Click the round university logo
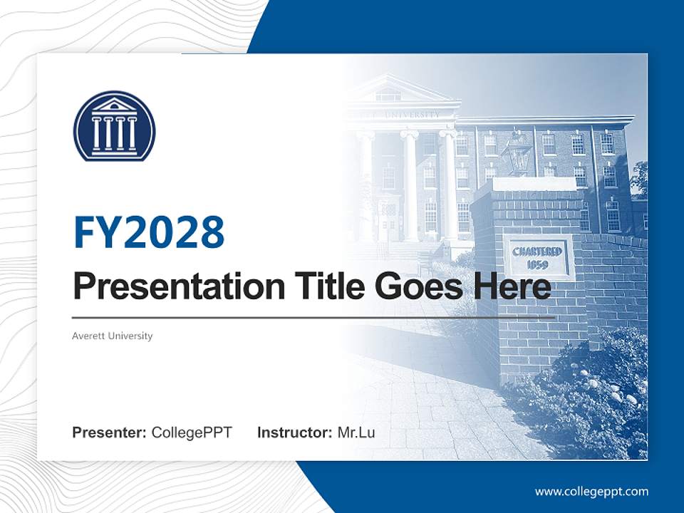[x=114, y=125]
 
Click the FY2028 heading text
[x=149, y=233]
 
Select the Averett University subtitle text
[x=113, y=336]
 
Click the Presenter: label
[x=110, y=432]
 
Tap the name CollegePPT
[x=192, y=432]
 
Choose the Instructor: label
[x=295, y=432]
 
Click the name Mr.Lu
[x=356, y=432]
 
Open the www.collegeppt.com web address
[x=591, y=491]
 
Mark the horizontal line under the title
[x=313, y=317]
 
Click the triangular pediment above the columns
[x=388, y=91]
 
